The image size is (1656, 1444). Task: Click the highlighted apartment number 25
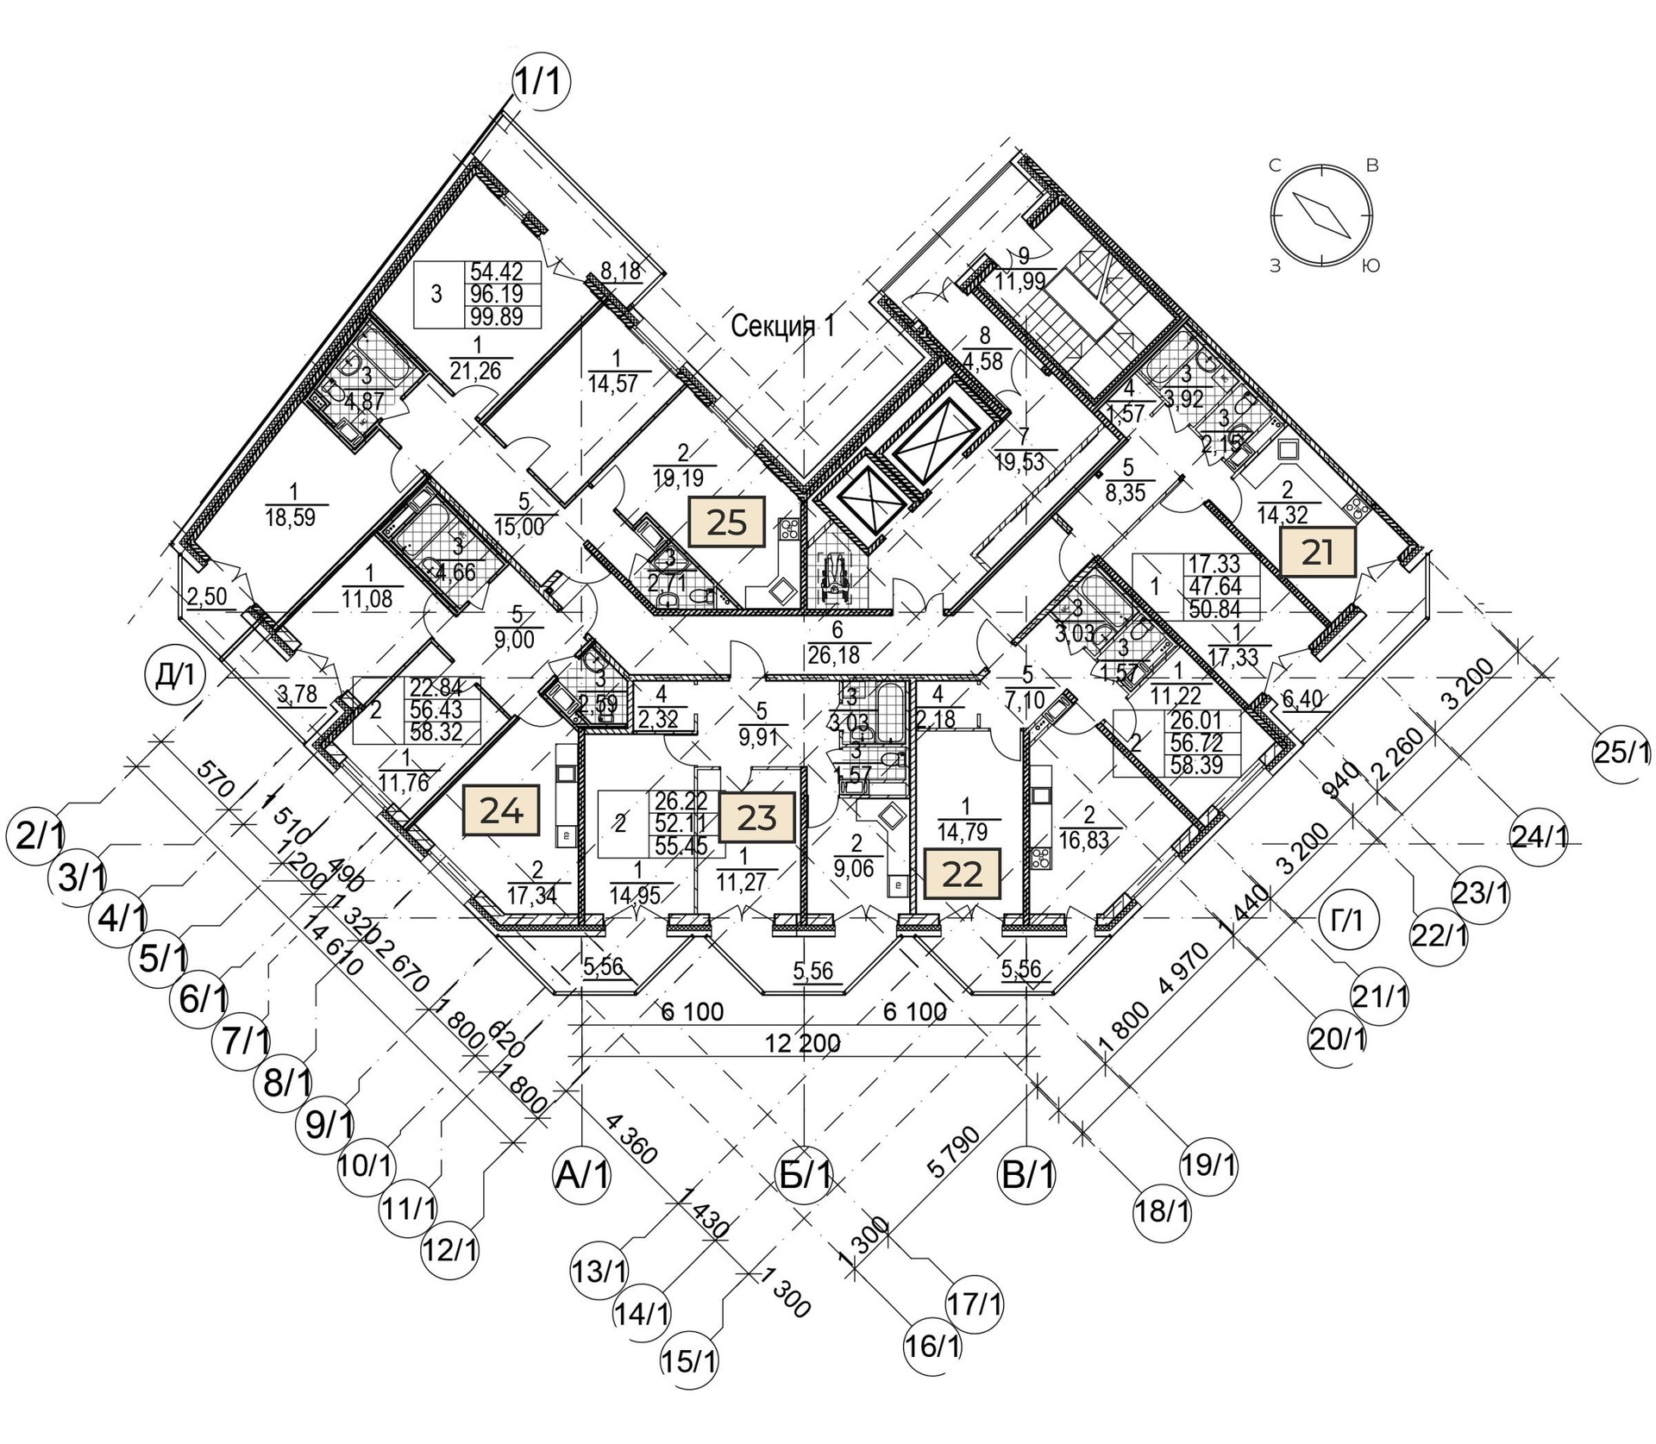[726, 522]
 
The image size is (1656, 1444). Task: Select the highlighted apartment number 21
[1317, 552]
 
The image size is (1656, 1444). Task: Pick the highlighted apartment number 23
[756, 817]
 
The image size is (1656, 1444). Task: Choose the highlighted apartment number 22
[963, 874]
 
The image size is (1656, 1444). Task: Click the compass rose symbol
[1320, 214]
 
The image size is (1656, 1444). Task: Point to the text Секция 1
[783, 326]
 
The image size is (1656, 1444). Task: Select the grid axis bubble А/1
[582, 1174]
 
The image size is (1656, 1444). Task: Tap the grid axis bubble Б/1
[804, 1174]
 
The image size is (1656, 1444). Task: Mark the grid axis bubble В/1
[1026, 1174]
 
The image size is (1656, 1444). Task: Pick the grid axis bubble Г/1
[1352, 919]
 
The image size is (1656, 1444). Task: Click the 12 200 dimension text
[803, 1043]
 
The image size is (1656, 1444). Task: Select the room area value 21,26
[480, 371]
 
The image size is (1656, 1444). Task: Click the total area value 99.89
[497, 317]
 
